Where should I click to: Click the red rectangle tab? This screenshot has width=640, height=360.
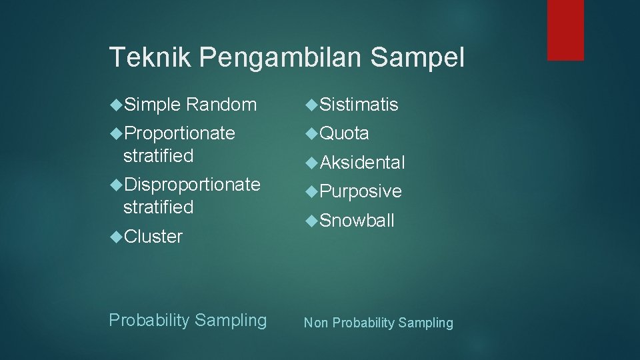point(565,30)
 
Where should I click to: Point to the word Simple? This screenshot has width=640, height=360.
point(152,105)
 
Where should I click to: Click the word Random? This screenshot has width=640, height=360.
point(221,105)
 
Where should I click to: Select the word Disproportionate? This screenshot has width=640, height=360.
point(192,184)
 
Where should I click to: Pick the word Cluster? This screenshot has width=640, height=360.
point(153,237)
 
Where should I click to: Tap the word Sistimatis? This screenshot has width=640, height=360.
point(359,105)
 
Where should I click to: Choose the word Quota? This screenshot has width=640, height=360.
point(344,133)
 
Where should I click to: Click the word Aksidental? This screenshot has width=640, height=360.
point(362,163)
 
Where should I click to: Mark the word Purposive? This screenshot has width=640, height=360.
point(361,192)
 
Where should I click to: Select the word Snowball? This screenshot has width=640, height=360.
point(357,221)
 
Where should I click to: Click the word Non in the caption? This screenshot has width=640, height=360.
point(317,323)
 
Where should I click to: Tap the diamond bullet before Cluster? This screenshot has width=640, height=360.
point(115,236)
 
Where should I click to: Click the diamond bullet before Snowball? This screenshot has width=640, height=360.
point(311,221)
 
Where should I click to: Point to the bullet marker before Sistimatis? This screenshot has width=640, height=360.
point(311,104)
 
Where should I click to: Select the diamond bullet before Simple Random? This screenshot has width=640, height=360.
point(115,104)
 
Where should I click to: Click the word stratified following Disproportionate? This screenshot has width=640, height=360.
point(158,207)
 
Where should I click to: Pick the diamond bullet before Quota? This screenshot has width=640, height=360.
point(311,133)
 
